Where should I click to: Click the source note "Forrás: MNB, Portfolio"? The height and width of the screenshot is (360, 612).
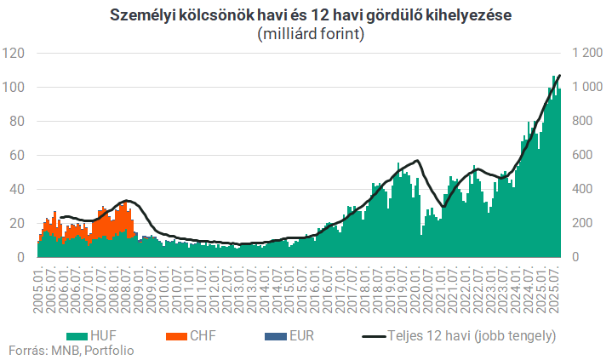click(x=71, y=350)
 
